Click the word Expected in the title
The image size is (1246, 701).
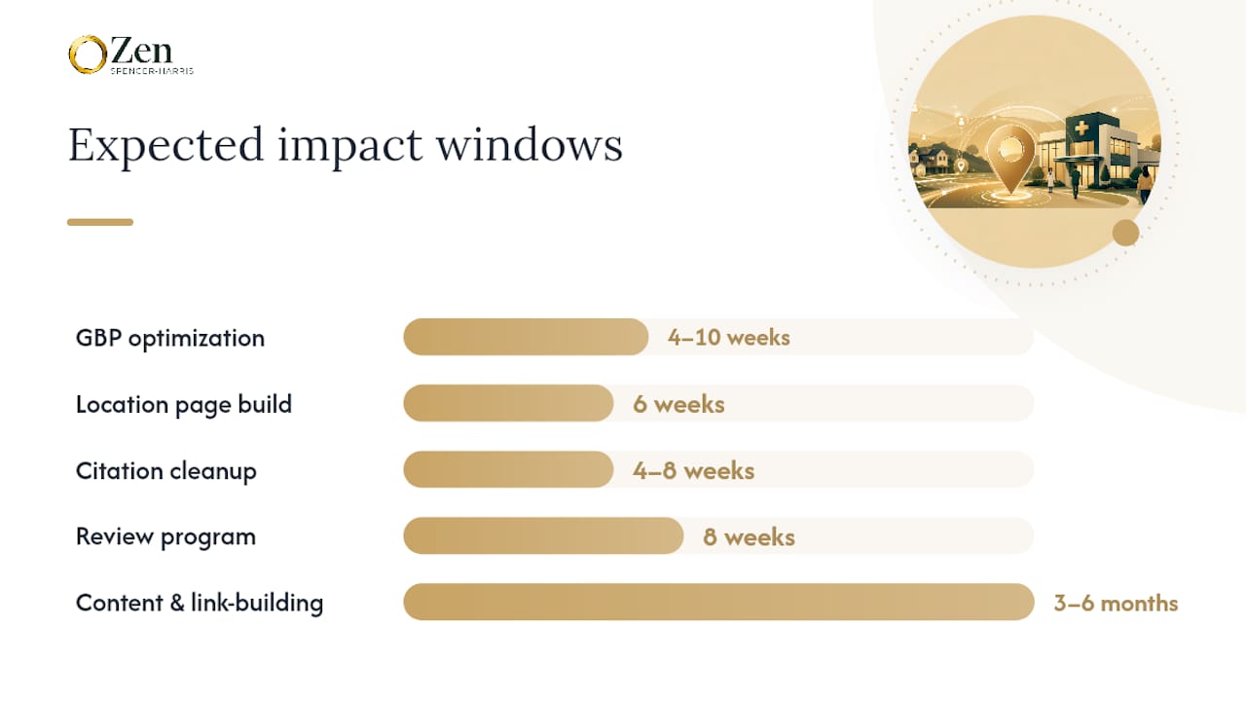[165, 146]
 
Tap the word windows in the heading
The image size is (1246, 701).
[529, 145]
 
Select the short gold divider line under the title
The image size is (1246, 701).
[100, 222]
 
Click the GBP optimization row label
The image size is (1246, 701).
[170, 338]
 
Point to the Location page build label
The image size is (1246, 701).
[184, 404]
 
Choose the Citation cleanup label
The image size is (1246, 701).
[166, 471]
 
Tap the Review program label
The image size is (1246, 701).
[165, 536]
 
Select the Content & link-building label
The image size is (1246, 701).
[200, 603]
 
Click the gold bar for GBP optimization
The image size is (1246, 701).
[526, 337]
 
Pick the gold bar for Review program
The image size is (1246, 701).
[543, 535]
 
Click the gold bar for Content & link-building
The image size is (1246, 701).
[718, 602]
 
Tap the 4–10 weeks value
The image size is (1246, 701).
[729, 337]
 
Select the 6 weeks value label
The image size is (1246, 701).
[678, 404]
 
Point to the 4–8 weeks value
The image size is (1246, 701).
[694, 470]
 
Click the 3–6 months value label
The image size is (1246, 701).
[1116, 603]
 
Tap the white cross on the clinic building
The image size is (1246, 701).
[1081, 129]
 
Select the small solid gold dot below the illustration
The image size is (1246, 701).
[1126, 233]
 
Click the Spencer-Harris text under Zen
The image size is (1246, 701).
[152, 71]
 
